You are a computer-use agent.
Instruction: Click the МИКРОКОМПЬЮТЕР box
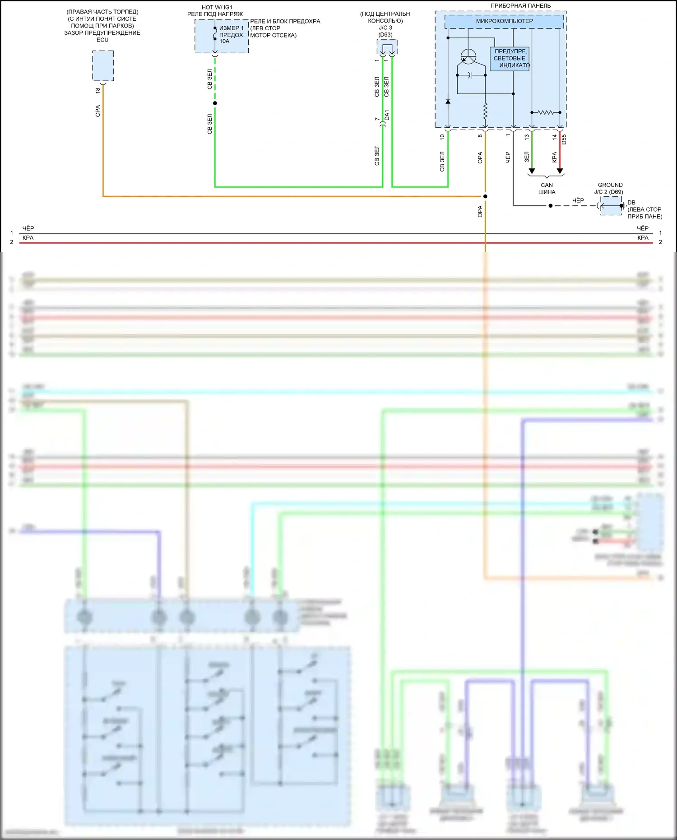(504, 21)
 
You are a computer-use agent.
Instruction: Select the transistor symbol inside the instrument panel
(468, 57)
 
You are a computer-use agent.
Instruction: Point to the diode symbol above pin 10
(448, 102)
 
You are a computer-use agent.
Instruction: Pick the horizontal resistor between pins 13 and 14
(546, 112)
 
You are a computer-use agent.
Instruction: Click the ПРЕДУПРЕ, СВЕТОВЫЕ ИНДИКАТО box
(510, 59)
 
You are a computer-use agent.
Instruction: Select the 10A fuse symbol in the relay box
(215, 34)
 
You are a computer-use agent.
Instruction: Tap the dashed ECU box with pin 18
(103, 66)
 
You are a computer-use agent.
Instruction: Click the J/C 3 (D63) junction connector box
(387, 47)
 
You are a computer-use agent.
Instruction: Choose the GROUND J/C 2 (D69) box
(611, 206)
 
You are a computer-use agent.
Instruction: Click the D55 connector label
(564, 139)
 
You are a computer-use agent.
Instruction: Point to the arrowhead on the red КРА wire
(560, 171)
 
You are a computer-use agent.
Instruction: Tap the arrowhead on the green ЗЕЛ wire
(532, 171)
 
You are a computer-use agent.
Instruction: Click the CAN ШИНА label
(547, 188)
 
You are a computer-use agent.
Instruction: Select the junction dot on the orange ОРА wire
(485, 196)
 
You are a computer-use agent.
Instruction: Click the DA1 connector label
(387, 115)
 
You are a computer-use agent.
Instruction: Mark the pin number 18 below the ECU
(98, 90)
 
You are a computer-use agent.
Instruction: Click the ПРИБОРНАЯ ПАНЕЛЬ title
(520, 6)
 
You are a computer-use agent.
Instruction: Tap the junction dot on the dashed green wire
(215, 103)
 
